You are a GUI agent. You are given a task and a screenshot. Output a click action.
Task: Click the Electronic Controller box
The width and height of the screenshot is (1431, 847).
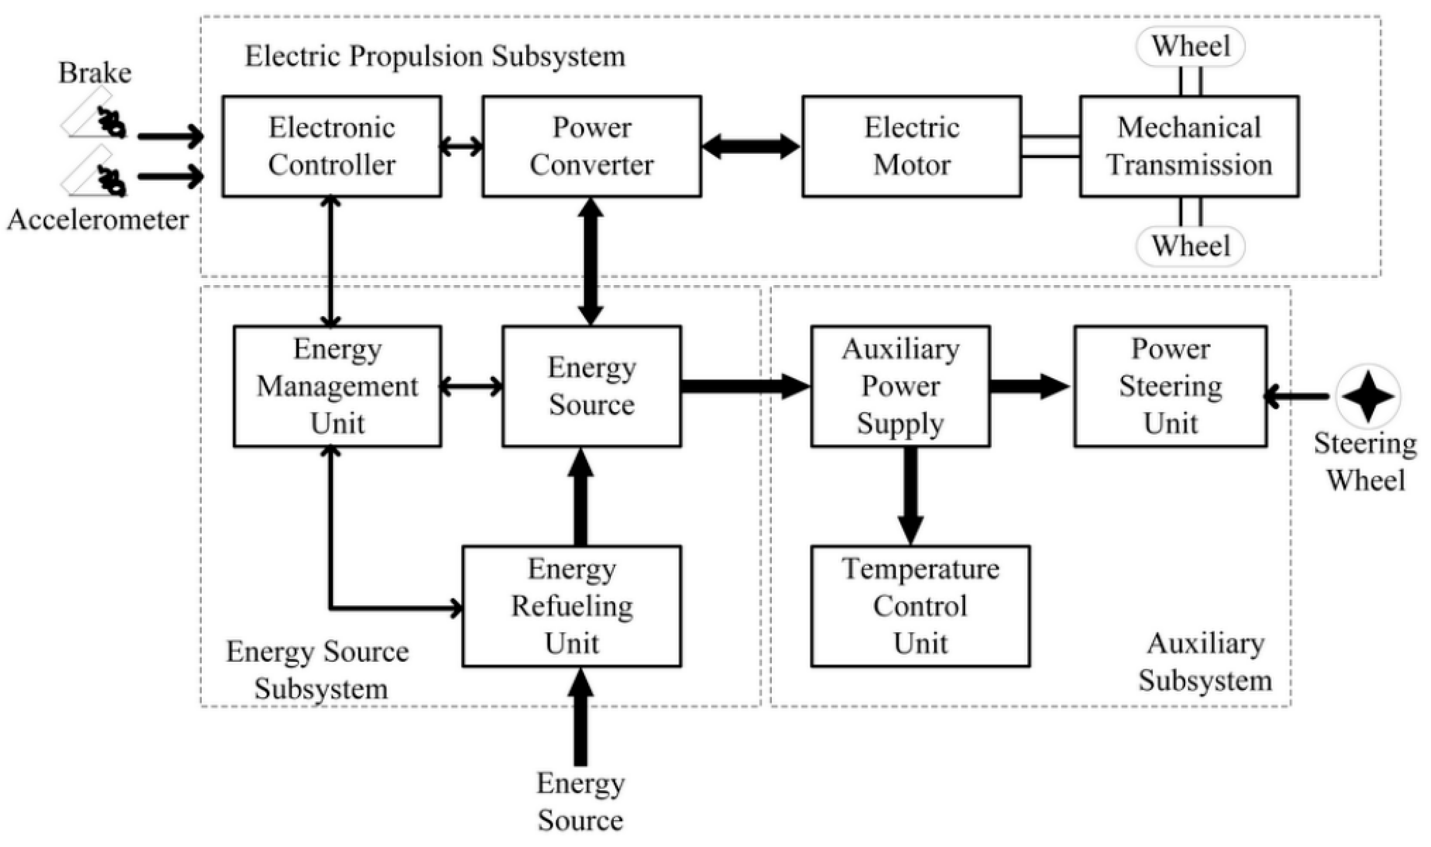[x=331, y=146]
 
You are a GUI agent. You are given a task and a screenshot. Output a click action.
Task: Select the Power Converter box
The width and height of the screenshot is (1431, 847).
[x=592, y=146]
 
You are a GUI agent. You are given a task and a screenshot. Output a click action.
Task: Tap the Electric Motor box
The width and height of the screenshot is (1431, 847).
[x=911, y=146]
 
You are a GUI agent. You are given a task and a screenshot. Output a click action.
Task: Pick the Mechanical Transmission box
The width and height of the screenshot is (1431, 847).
[x=1189, y=146]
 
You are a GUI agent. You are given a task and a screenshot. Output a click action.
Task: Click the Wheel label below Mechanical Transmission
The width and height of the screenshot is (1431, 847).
[x=1191, y=246]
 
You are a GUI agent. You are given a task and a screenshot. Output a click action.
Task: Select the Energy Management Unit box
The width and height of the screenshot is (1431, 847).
[x=337, y=386]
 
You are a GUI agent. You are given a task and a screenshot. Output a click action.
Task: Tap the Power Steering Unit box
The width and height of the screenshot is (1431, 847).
[x=1171, y=386]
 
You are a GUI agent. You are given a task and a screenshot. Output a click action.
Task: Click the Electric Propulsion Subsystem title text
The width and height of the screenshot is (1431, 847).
[x=435, y=56]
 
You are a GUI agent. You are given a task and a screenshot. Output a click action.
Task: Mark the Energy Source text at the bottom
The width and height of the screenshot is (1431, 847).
[x=580, y=802]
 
